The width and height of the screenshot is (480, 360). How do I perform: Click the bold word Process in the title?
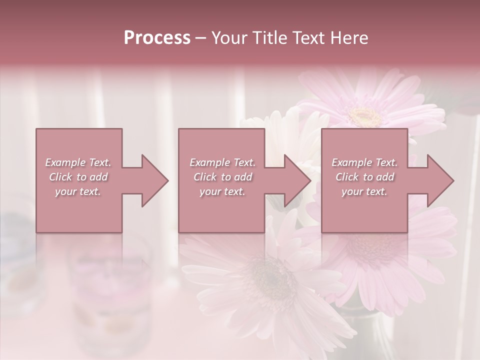157,38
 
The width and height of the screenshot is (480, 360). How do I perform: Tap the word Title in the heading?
268,38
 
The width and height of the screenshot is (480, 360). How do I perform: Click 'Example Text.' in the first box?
78,162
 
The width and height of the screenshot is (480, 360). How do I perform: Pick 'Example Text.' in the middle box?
222,162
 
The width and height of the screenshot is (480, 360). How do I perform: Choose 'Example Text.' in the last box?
364,162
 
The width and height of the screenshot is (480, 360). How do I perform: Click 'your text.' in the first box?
78,191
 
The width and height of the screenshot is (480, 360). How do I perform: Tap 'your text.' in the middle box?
222,191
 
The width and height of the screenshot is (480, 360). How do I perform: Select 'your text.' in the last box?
364,191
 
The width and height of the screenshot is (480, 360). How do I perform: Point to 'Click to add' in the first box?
78,177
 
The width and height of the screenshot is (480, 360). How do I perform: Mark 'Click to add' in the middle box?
222,177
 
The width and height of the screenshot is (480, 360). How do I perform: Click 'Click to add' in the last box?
364,177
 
